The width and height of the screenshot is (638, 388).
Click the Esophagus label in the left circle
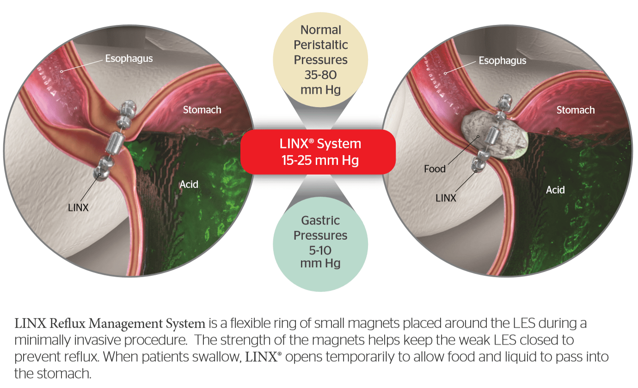point(129,59)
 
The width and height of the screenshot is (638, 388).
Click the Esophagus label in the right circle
point(502,61)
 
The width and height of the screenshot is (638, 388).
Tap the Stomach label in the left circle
point(202,110)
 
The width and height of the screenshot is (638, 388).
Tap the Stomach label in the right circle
point(576,110)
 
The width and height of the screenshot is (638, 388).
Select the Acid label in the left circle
point(189,184)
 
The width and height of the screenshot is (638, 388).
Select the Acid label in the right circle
point(555,190)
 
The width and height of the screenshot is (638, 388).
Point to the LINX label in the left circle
point(78,207)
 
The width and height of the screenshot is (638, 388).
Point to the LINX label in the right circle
point(446,198)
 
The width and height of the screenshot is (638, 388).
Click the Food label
point(435,169)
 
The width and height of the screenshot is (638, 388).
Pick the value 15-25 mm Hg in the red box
point(320,161)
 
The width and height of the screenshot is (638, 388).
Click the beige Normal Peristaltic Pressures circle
point(320,60)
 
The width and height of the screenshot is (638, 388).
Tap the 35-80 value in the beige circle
point(320,74)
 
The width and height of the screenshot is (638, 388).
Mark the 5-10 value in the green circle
point(320,250)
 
